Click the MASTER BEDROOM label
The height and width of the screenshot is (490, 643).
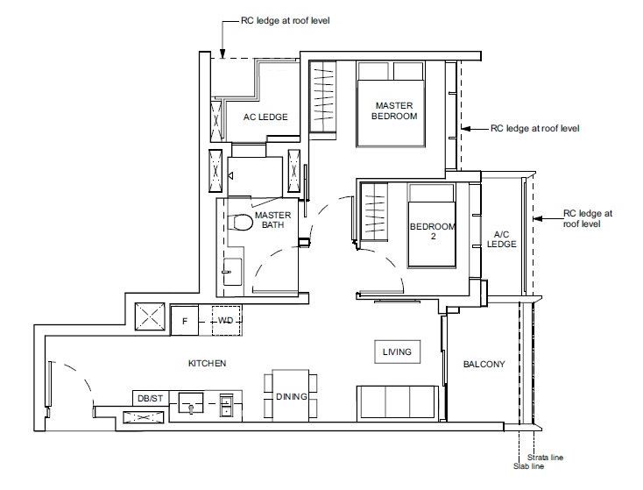coord(394,110)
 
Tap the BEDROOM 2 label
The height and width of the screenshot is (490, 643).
coord(432,231)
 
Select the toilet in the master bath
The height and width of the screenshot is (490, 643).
coord(240,223)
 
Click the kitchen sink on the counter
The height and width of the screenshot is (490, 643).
coord(191,402)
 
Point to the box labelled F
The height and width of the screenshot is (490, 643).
coord(185,321)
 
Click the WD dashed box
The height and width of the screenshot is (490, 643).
coord(226,321)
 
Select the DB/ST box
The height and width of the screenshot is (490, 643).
coord(150,398)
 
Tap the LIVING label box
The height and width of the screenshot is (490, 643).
coord(397,352)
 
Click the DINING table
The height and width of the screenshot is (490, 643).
coord(291,395)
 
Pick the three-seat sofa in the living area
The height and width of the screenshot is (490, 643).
coord(398,402)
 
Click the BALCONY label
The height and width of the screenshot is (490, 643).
coord(484,364)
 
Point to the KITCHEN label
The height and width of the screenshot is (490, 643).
coord(207,363)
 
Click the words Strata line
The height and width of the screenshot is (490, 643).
coord(545,458)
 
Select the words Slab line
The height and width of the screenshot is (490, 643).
coord(528,466)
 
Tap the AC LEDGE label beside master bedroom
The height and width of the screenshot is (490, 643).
coord(265,117)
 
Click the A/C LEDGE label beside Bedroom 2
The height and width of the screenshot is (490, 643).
coord(502,239)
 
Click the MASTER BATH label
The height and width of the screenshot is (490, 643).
coord(272,220)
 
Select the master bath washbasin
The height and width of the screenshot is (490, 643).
coord(232,272)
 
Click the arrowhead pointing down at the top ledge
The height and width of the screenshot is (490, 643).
coord(223,53)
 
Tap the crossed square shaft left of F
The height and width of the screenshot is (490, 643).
coord(150,316)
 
